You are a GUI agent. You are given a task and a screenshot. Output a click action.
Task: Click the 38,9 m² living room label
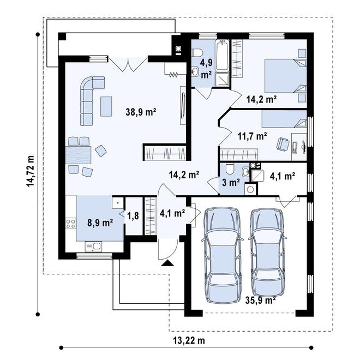pyautogui.click(x=141, y=112)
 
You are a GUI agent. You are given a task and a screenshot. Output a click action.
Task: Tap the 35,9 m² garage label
pyautogui.click(x=260, y=300)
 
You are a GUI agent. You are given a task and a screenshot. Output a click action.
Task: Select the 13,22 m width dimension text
pyautogui.click(x=189, y=340)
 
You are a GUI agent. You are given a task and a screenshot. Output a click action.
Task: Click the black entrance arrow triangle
pyautogui.click(x=167, y=263)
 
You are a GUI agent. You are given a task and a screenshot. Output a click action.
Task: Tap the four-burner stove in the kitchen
pyautogui.click(x=70, y=224)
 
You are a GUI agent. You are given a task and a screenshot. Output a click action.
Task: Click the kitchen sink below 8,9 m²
pyautogui.click(x=93, y=247)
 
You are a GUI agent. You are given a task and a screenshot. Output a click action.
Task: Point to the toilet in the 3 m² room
pyautogui.click(x=230, y=169)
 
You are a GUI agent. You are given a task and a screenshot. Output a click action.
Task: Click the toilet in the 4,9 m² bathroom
pyautogui.click(x=197, y=53)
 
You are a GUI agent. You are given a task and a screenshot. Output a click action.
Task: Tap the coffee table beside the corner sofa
pyautogui.click(x=106, y=106)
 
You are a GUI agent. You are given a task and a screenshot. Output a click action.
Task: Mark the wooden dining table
pyautogui.click(x=79, y=155)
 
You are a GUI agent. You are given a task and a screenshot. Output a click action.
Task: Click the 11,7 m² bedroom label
pyautogui.click(x=252, y=136)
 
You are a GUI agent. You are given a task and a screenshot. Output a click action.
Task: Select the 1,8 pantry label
pyautogui.click(x=133, y=215)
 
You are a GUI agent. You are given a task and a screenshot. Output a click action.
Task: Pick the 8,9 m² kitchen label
pyautogui.click(x=100, y=222)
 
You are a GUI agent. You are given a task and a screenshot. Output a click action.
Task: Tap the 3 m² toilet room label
pyautogui.click(x=231, y=183)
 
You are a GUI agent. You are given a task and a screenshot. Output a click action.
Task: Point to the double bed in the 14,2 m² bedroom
pyautogui.click(x=286, y=76)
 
